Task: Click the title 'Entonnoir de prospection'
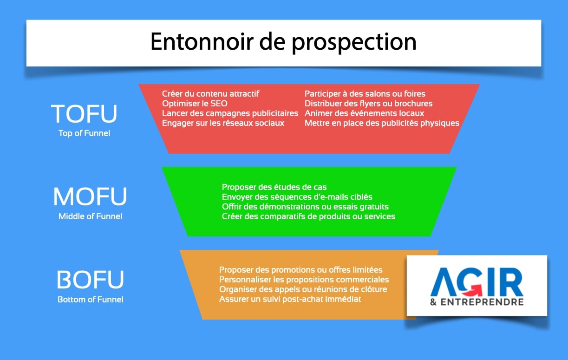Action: click(283, 42)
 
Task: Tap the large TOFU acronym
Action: click(84, 114)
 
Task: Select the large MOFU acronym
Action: click(90, 197)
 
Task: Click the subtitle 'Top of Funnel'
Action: click(84, 133)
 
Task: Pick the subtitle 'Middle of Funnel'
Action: click(90, 216)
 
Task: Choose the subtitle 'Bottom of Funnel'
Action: click(91, 300)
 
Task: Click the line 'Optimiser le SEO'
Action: click(195, 104)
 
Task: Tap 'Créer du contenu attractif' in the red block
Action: click(210, 94)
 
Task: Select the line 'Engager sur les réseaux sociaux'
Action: click(223, 123)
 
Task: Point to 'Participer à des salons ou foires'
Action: click(365, 94)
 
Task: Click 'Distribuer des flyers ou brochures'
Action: click(368, 104)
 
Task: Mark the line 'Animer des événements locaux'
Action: click(364, 113)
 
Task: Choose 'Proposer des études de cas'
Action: click(274, 187)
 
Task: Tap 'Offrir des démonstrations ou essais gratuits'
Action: click(305, 207)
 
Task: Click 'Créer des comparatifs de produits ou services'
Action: click(308, 216)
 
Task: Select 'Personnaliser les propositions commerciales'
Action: click(304, 280)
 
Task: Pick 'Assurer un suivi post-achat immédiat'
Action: click(290, 299)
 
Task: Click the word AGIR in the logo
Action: click(477, 282)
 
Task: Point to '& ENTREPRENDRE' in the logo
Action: click(477, 302)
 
